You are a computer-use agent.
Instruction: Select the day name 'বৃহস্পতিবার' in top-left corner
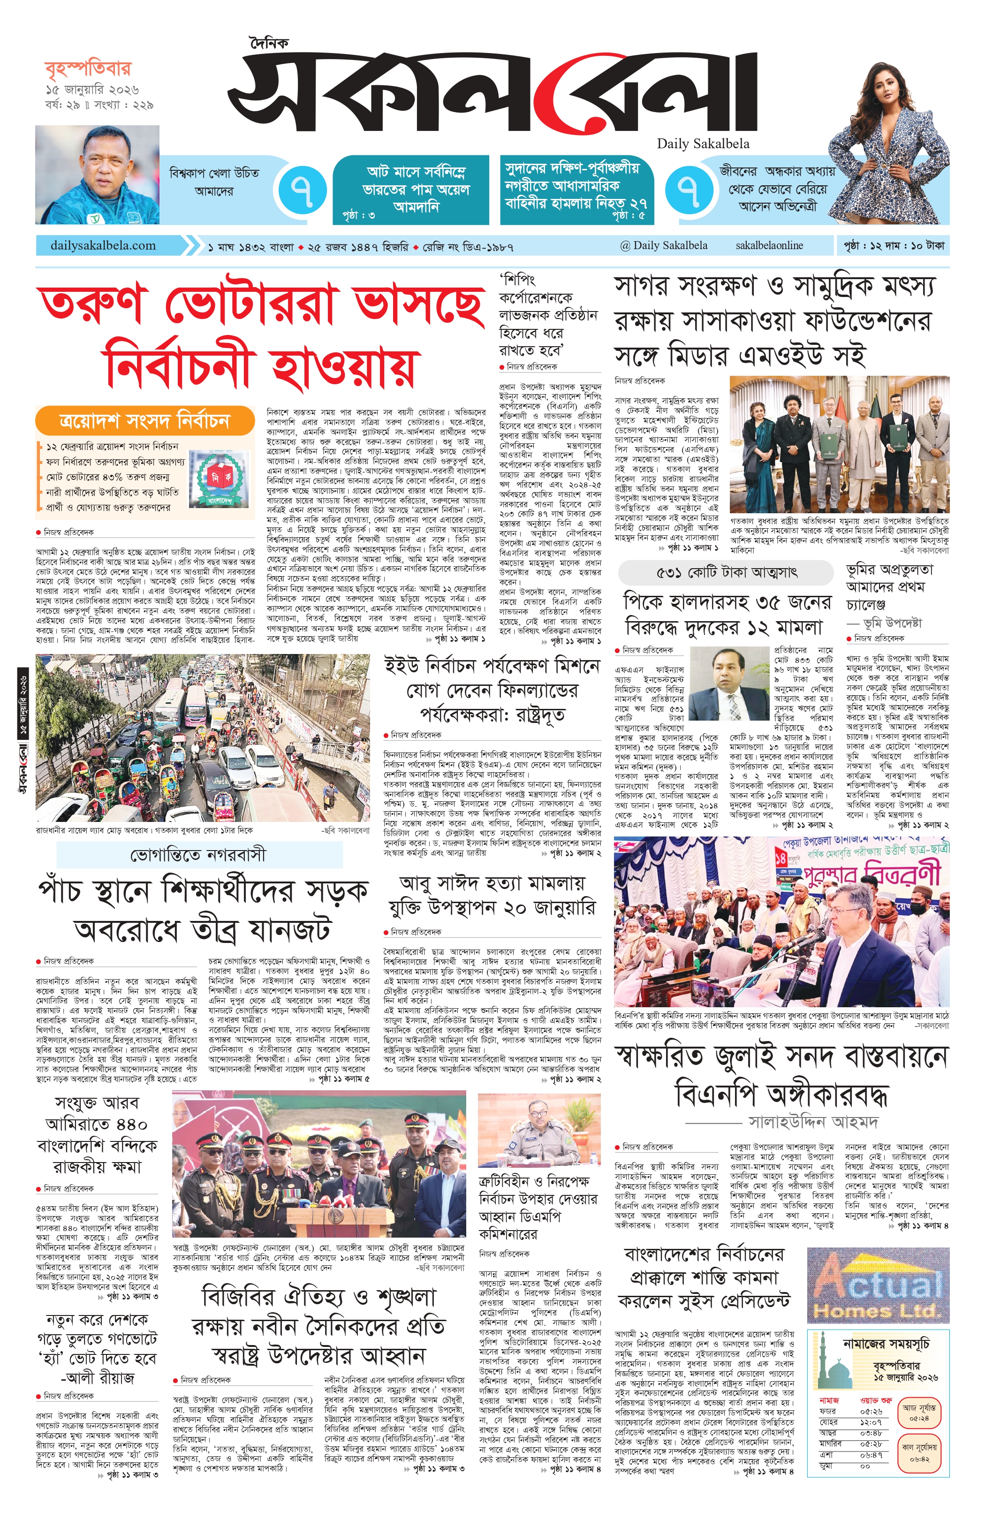point(88,68)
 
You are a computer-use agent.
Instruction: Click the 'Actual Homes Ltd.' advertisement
point(878,1284)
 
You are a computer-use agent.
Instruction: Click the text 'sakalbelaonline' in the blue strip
point(769,245)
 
